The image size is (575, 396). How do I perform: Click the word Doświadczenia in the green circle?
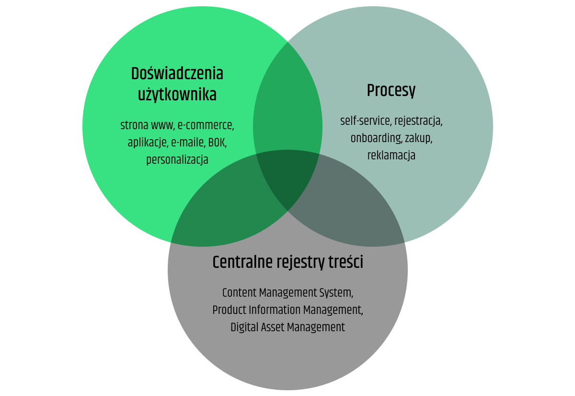point(177,74)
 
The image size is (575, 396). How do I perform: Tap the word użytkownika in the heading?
point(177,95)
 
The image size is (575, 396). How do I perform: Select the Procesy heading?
point(391,90)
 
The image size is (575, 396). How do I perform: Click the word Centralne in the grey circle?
point(242,263)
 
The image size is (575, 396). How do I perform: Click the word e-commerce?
point(206,126)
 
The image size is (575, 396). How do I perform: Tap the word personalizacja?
point(177,159)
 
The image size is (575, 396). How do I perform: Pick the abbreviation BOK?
point(217,143)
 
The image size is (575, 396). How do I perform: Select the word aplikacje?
point(146,143)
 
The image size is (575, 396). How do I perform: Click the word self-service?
point(365,121)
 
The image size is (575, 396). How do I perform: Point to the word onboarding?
point(376,138)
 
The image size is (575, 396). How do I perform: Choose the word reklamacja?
point(391,156)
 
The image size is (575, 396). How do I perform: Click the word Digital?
point(244,327)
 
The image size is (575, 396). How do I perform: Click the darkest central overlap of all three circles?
point(287,180)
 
